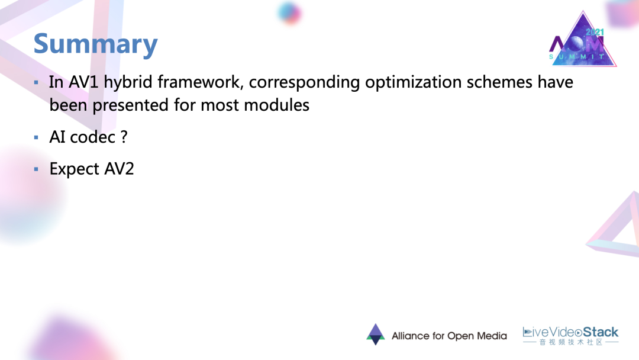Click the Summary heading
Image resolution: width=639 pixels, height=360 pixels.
pos(95,44)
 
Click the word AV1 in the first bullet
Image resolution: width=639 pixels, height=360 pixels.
pos(83,82)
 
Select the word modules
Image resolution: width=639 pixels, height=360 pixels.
pos(277,105)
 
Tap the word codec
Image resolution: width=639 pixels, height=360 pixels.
pos(93,137)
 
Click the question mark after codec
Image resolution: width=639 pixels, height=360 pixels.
pos(124,137)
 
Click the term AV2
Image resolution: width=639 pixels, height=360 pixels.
pos(119,169)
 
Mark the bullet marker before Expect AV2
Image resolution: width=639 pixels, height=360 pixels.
pos(36,169)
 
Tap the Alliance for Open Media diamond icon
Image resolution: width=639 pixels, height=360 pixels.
pos(376,335)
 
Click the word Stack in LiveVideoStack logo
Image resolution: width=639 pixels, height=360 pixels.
pos(601,332)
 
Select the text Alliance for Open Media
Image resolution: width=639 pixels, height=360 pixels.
pos(449,336)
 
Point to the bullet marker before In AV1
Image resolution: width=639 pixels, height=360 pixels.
pos(36,83)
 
